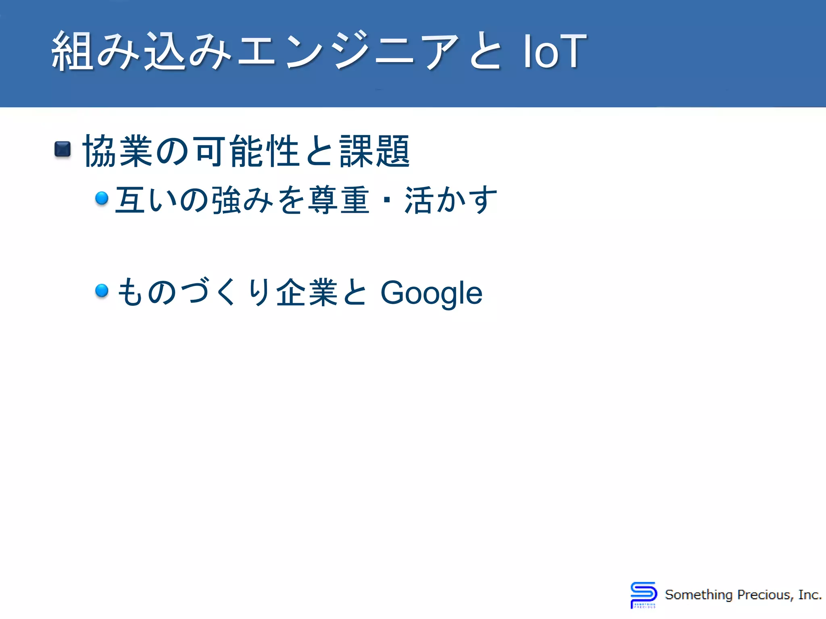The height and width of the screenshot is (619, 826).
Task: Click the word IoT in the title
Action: point(555,51)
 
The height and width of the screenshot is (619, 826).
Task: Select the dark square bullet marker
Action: point(63,150)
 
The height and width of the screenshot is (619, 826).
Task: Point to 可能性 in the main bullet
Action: point(247,151)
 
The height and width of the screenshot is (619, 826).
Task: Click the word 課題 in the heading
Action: point(375,151)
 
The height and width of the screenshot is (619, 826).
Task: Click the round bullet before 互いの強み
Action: point(102,198)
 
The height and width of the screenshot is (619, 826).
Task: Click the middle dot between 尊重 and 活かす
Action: point(387,200)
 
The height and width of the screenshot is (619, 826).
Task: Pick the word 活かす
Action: point(451,200)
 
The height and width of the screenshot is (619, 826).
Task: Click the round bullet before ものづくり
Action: point(102,290)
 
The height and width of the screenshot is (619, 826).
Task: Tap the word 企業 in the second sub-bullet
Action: point(307,292)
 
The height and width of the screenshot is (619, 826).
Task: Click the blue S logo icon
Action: point(643,594)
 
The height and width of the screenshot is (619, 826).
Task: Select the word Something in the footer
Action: point(699,595)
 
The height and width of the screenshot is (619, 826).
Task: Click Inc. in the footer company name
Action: point(810,595)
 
